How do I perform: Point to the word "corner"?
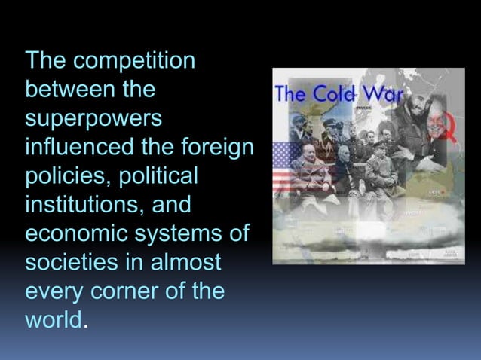121,291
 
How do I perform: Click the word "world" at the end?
54,319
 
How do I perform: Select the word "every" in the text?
54,291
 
